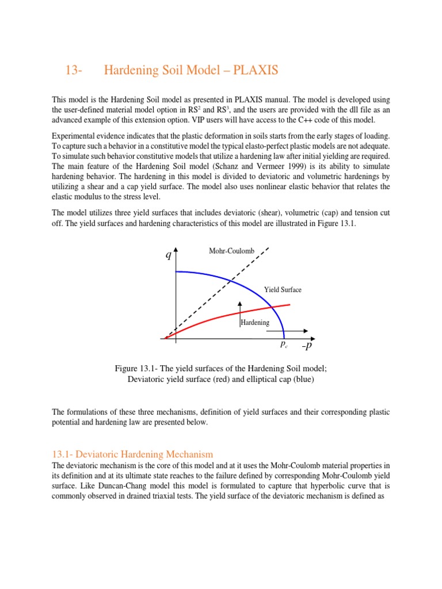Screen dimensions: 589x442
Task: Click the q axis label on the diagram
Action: tap(168, 255)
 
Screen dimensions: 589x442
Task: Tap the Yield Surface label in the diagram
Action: tap(283, 290)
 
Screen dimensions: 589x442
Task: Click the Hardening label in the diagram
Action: tap(255, 323)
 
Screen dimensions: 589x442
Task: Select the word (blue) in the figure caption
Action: tap(300, 379)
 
